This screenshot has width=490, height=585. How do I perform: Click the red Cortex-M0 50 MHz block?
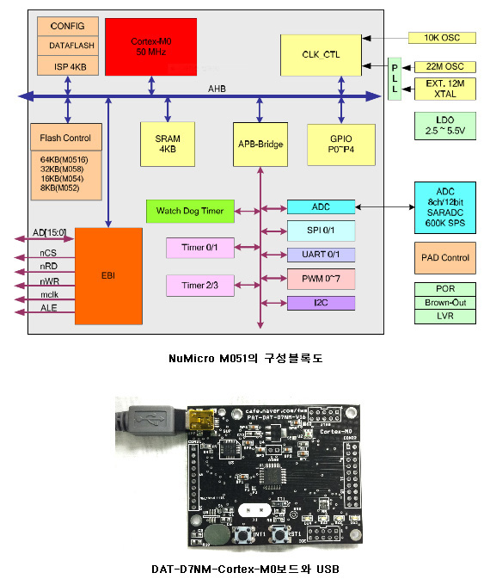151,46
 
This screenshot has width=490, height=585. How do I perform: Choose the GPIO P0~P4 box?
341,144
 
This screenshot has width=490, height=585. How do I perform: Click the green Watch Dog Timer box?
190,210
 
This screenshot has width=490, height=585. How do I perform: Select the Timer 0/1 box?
199,247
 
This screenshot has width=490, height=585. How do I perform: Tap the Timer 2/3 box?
199,285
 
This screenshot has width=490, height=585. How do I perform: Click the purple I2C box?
320,303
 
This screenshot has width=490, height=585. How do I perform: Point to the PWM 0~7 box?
320,279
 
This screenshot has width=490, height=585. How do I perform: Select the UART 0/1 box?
320,255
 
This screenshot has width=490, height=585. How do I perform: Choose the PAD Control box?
444,258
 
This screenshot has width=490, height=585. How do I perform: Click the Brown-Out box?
444,303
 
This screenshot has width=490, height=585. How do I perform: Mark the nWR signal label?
49,280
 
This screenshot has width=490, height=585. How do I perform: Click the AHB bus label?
217,88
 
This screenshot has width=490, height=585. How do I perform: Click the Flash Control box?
65,138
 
